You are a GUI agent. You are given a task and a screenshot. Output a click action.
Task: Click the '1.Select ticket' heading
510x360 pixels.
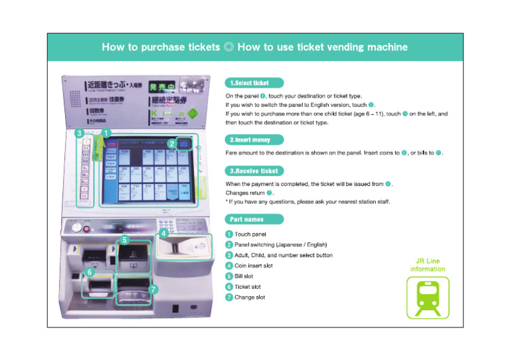(254, 83)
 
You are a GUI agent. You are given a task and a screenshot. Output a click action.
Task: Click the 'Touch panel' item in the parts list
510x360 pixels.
(250, 234)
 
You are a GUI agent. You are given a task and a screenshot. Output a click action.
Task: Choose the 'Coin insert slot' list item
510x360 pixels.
(254, 266)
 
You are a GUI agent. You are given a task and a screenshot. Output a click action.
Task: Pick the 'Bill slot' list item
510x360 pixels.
(244, 276)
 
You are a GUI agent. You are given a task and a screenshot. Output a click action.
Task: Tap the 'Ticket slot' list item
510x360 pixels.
(248, 287)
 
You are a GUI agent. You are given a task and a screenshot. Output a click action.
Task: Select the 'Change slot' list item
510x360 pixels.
(250, 298)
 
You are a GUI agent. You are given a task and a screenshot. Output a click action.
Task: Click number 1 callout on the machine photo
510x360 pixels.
(105, 133)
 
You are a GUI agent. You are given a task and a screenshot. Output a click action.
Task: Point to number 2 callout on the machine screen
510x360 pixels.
(171, 143)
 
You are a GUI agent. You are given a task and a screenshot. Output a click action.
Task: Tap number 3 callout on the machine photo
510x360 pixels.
(79, 133)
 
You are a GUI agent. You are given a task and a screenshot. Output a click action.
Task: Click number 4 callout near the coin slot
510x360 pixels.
(163, 233)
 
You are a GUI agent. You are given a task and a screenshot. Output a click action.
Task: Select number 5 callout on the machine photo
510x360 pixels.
(124, 239)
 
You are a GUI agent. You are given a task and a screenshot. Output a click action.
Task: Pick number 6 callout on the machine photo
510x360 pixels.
(90, 272)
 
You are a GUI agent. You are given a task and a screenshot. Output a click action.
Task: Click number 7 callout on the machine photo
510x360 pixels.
(153, 290)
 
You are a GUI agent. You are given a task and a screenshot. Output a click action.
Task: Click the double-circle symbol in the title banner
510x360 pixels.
(228, 47)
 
